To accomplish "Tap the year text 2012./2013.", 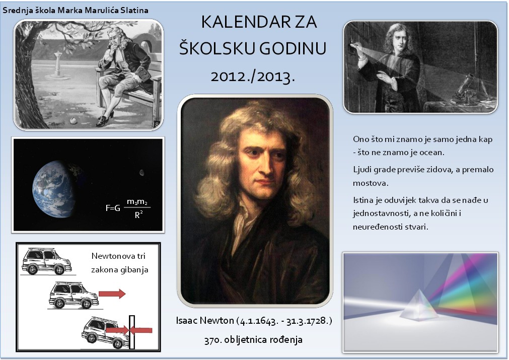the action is pyautogui.click(x=253, y=77).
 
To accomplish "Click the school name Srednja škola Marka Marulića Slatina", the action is pyautogui.click(x=76, y=11).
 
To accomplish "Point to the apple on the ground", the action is pyautogui.click(x=72, y=121).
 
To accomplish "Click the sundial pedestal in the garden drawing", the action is pyautogui.click(x=57, y=65).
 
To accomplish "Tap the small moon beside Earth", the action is pyautogui.click(x=142, y=172).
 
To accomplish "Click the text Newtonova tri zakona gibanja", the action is pyautogui.click(x=119, y=263).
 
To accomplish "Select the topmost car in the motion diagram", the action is pyautogui.click(x=46, y=261).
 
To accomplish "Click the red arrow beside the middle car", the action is pyautogui.click(x=112, y=294).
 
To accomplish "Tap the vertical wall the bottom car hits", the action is pyautogui.click(x=132, y=332).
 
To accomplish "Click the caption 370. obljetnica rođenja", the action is pyautogui.click(x=254, y=340).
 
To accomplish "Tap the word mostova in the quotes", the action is pyautogui.click(x=371, y=183).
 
